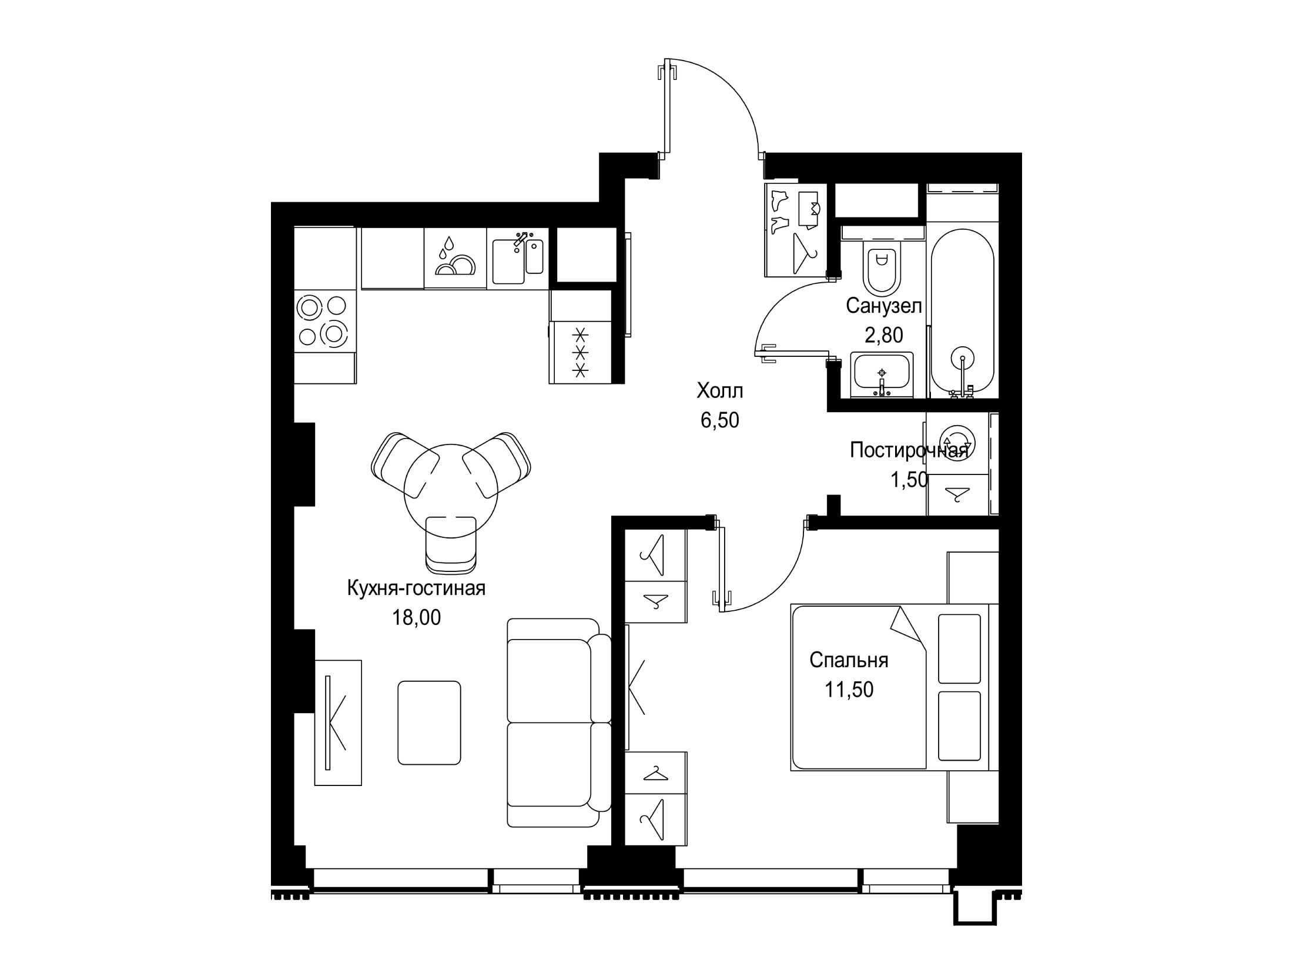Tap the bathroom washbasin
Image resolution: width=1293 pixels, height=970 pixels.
[x=881, y=376]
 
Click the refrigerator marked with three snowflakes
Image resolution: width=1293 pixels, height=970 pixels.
[x=580, y=352]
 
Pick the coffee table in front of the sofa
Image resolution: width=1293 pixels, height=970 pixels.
[x=429, y=723]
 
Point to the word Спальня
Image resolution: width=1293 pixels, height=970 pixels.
[x=849, y=660]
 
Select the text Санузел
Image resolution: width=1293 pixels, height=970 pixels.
[x=883, y=306]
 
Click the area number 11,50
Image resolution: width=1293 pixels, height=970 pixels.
[x=849, y=690]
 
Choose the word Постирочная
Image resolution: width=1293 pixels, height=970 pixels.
[x=909, y=451]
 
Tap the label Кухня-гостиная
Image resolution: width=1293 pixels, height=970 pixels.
[x=417, y=588]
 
